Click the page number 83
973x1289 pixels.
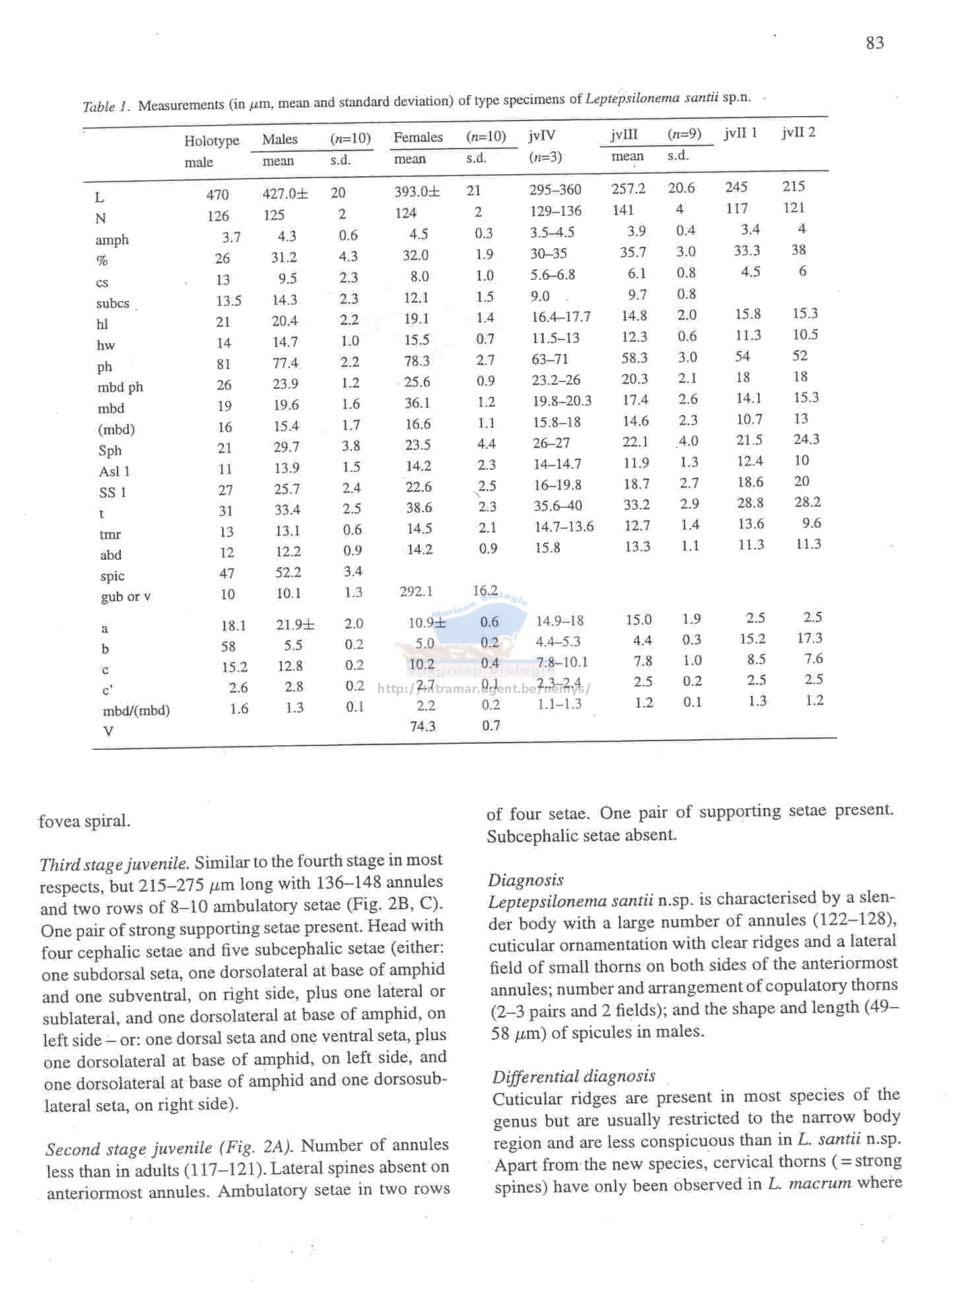(875, 43)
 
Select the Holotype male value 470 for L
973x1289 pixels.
(217, 195)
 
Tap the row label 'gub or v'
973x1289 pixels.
(125, 597)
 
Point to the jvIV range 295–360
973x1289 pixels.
(555, 190)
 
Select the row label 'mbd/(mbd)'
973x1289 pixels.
(136, 711)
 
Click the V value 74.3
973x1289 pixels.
(422, 726)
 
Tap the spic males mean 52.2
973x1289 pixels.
(288, 572)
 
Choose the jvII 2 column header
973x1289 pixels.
(798, 132)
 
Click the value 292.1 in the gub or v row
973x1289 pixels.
(417, 591)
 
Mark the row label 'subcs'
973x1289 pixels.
(113, 304)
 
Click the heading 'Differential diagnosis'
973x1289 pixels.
(574, 1076)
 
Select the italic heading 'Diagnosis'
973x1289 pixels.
(525, 880)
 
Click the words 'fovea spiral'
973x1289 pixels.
(84, 821)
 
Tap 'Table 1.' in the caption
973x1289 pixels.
(107, 106)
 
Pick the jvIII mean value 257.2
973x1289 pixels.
(628, 189)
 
